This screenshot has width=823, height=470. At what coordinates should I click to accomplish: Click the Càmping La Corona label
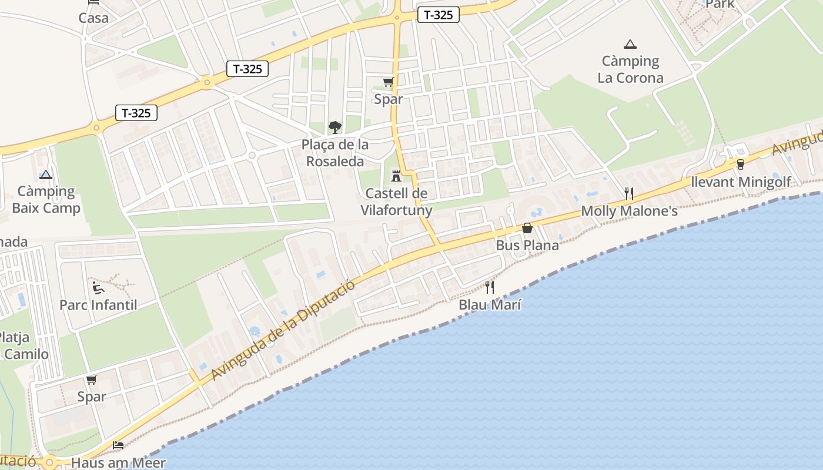tap(630, 69)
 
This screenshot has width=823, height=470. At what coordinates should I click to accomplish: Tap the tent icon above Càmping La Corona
tap(630, 44)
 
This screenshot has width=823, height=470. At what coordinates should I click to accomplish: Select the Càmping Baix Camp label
tap(46, 200)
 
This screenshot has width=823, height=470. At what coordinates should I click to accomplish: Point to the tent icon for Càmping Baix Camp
tap(46, 174)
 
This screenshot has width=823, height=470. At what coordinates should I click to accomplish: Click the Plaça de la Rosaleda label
tap(335, 153)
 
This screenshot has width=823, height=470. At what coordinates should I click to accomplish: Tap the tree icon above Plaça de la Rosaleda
tap(334, 127)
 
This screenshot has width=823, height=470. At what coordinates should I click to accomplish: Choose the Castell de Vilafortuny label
tap(396, 202)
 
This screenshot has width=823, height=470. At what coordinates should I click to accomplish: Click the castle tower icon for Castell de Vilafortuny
tap(396, 176)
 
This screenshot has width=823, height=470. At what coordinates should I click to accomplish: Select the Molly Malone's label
tap(629, 211)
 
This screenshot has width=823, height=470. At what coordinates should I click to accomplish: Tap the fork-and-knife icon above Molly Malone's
tap(629, 193)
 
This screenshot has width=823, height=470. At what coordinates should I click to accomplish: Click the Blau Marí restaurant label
tap(490, 305)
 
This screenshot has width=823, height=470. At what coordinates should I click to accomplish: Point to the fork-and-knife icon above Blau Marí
tap(490, 287)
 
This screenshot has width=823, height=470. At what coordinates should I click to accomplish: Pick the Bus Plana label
tap(527, 245)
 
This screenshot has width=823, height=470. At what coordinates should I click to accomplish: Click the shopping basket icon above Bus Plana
tap(527, 228)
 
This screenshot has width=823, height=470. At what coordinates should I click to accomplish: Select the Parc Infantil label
tap(98, 305)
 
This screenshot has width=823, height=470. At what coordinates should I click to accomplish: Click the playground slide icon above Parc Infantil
tap(98, 287)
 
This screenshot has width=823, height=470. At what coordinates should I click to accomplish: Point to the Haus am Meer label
tap(118, 462)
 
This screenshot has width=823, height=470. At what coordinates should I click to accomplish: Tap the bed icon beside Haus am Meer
tap(118, 445)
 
